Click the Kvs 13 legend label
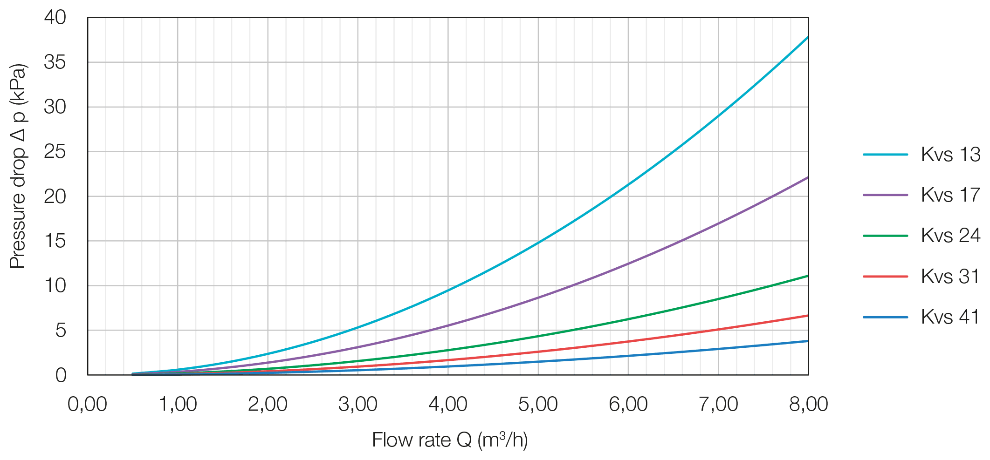pos(950,155)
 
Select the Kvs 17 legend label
pos(950,195)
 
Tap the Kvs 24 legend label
pos(950,236)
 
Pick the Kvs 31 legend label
pos(950,277)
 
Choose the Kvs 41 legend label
pos(950,317)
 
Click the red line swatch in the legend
pos(885,277)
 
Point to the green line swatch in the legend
pos(885,236)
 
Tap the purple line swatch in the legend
pos(885,195)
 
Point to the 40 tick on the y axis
pos(55,18)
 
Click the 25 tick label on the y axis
pos(55,152)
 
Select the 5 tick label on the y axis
pos(61,331)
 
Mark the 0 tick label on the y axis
pos(61,375)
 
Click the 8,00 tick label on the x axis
pos(808,404)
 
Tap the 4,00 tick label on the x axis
pos(448,404)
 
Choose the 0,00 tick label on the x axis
pos(88,404)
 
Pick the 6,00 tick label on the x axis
pos(628,404)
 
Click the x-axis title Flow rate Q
pos(450,440)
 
